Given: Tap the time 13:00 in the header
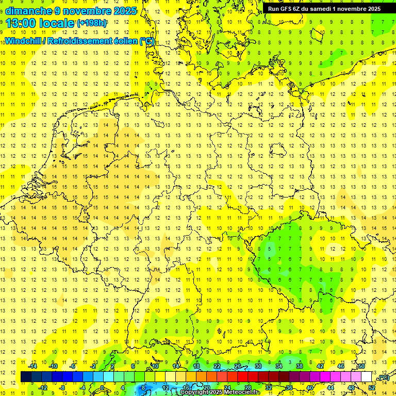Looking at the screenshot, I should (21, 23).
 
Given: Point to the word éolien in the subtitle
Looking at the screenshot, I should (123, 41).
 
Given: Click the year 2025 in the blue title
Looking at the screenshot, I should (124, 11).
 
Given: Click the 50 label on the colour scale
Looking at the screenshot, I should (361, 366).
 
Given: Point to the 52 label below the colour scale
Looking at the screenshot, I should (372, 388).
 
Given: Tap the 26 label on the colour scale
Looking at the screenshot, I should (238, 366).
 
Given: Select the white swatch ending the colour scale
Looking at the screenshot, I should (367, 377).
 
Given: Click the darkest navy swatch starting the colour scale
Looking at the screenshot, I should (26, 377).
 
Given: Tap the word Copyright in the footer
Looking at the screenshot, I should (194, 392).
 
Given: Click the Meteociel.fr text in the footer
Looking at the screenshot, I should (242, 392).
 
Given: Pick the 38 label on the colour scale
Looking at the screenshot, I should (300, 366).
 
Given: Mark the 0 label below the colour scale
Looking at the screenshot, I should (103, 388).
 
